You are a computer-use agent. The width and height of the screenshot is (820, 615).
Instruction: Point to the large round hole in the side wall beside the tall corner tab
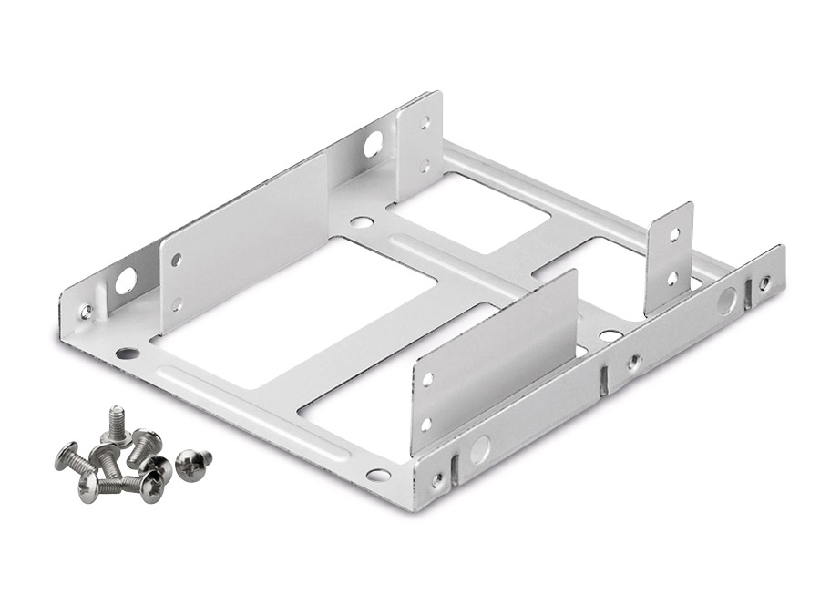click(374, 145)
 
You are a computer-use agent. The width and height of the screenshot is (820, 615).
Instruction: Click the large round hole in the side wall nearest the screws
click(125, 281)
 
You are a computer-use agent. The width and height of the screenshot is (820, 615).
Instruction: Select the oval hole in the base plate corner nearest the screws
click(127, 353)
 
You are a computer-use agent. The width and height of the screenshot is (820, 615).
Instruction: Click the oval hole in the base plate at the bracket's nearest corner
click(378, 475)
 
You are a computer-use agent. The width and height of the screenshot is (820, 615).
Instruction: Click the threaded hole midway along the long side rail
click(633, 362)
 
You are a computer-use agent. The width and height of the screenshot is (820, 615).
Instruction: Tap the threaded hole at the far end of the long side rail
click(764, 282)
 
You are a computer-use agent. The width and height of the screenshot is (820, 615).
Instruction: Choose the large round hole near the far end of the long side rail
click(726, 301)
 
